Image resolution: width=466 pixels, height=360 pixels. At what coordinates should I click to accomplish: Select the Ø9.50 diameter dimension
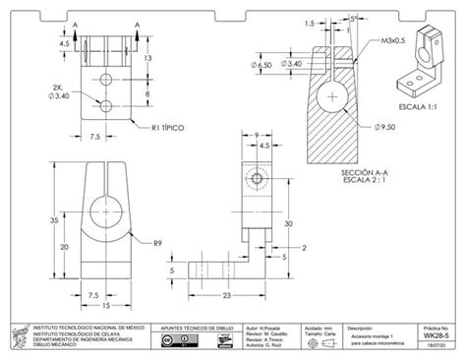[385, 128]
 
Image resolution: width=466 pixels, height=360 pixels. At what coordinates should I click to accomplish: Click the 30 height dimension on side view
[289, 224]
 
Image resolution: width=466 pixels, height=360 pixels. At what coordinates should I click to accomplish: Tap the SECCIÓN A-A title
[363, 172]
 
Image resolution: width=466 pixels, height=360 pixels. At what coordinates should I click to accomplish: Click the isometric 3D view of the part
[423, 64]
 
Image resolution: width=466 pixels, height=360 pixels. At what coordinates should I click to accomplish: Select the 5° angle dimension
[352, 18]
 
